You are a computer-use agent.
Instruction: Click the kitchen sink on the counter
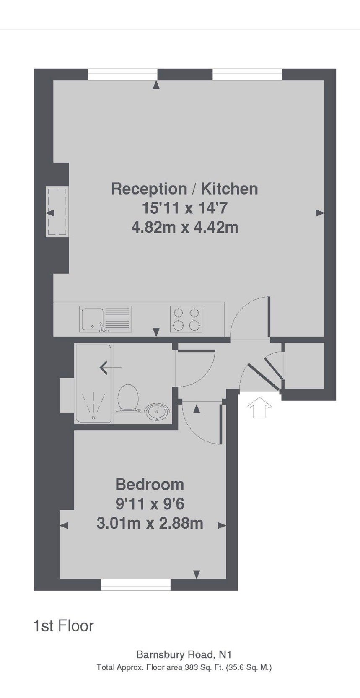coord(106,319)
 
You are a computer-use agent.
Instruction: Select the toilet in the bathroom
coord(128,399)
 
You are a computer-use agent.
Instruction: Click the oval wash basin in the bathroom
coord(157,413)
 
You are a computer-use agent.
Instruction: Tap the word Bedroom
coord(150,485)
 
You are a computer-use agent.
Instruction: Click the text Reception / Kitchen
coord(185,189)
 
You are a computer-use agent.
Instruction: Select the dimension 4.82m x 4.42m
coord(185,228)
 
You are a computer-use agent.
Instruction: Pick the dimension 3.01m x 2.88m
coord(150,523)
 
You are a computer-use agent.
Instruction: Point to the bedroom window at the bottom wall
coord(136,585)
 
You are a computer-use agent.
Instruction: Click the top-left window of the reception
coord(123,75)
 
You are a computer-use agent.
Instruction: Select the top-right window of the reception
coord(247,75)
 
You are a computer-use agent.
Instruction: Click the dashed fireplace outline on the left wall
coord(57,212)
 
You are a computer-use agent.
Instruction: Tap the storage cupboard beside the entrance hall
coord(304,366)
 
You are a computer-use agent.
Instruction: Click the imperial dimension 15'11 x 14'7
coord(185,208)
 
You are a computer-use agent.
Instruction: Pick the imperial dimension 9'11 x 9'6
coord(150,504)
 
